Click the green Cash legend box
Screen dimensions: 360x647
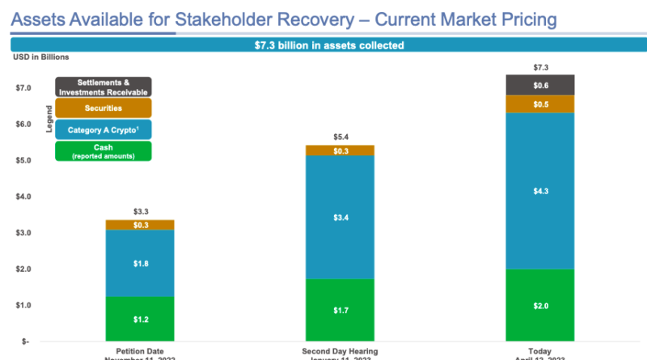pos(103,150)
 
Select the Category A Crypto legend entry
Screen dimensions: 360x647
pos(103,129)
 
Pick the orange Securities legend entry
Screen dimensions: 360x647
pos(103,108)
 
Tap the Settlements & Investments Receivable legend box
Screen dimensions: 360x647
pos(103,87)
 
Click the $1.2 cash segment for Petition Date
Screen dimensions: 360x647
pos(141,320)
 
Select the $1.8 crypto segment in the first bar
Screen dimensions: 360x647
pos(141,264)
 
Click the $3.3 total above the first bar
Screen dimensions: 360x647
pos(141,212)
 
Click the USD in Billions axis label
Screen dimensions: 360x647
pos(40,57)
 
